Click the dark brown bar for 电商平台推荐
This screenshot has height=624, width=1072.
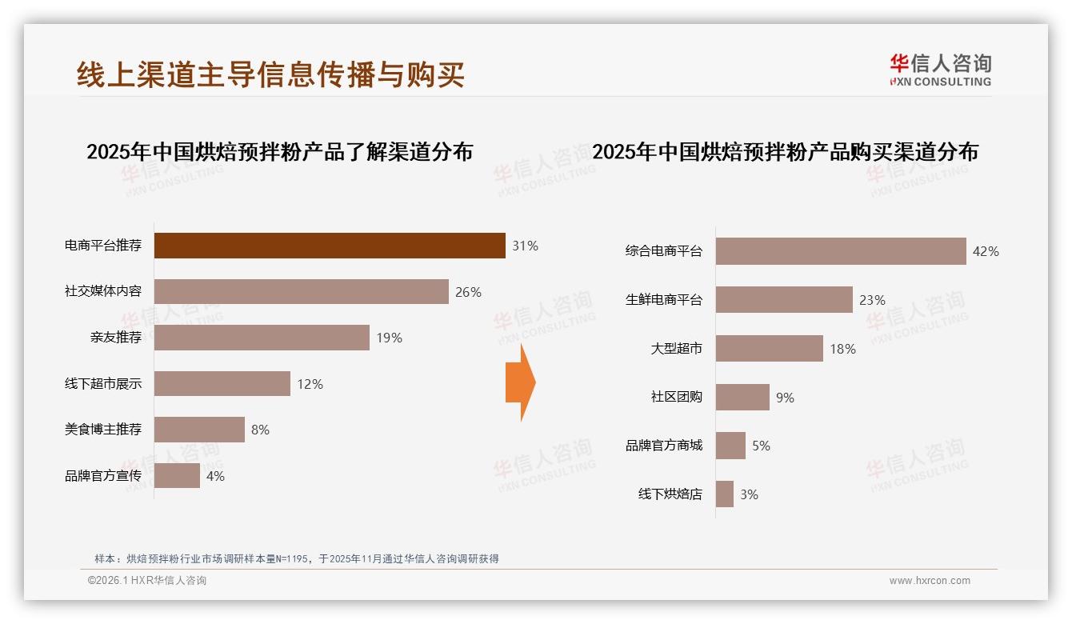330,246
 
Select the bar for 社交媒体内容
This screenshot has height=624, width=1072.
301,292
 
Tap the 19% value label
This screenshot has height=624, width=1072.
389,338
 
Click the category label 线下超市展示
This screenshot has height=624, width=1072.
103,384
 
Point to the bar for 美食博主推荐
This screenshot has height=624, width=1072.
199,430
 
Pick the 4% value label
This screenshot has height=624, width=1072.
215,476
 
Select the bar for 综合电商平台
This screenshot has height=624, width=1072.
840,251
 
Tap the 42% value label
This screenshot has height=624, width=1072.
985,251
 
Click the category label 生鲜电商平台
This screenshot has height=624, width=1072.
663,300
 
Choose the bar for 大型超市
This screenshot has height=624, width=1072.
769,349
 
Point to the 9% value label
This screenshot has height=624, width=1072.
785,398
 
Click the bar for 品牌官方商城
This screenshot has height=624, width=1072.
730,446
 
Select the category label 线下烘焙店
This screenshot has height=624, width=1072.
670,494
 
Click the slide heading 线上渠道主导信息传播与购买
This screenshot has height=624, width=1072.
270,74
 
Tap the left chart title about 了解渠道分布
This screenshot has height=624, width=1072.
279,151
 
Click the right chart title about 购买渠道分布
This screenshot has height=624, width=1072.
785,151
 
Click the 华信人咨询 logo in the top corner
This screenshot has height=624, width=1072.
940,70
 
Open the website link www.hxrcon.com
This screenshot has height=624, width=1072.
929,581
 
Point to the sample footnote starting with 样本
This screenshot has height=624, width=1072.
296,558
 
